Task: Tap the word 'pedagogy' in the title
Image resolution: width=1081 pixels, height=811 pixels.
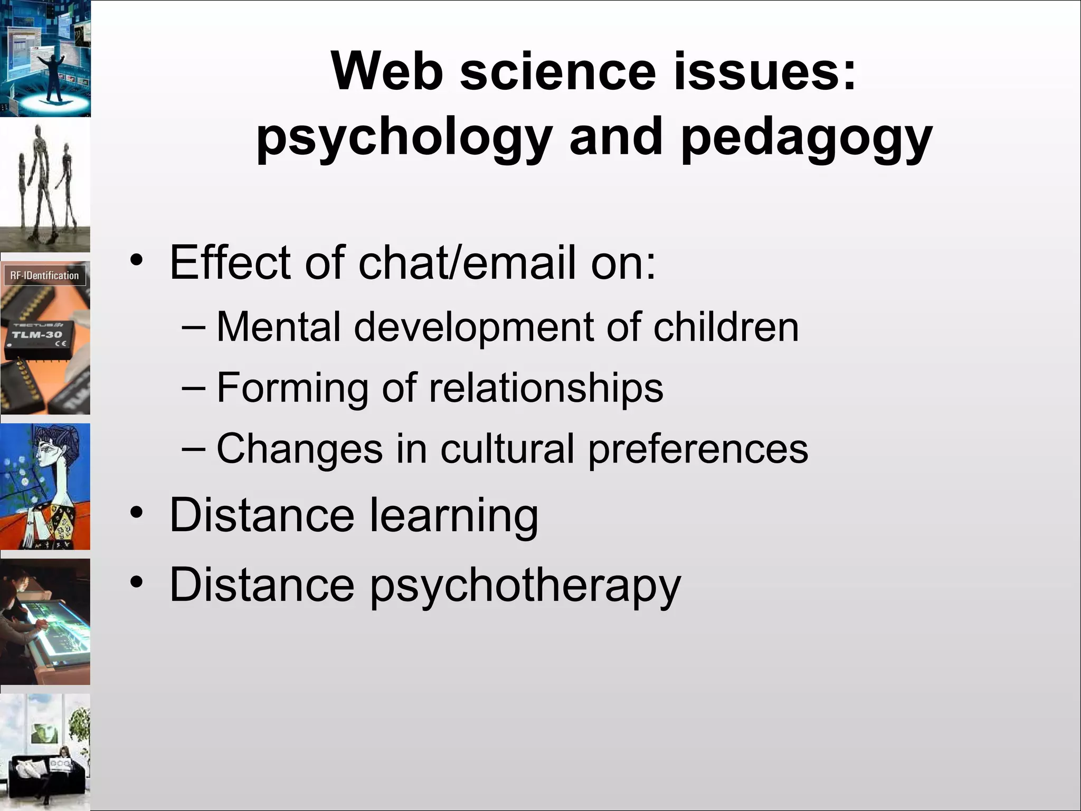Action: click(x=807, y=138)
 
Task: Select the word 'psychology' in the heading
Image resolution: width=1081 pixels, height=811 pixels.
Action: click(x=404, y=138)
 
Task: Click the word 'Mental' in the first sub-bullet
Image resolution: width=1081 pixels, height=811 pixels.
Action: click(x=278, y=327)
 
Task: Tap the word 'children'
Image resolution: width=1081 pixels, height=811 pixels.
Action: click(x=726, y=327)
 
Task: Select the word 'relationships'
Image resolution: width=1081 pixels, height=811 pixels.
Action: click(x=546, y=388)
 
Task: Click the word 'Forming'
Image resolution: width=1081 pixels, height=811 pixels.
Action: click(x=292, y=388)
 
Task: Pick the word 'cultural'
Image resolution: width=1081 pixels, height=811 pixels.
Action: click(x=507, y=449)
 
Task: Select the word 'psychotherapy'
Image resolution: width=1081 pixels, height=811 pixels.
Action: click(x=525, y=586)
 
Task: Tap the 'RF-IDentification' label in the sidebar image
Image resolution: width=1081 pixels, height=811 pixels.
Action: click(x=44, y=276)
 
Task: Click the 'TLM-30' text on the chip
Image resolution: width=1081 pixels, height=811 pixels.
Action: click(x=37, y=335)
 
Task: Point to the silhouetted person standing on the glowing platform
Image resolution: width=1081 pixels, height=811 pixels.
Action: click(x=53, y=74)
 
